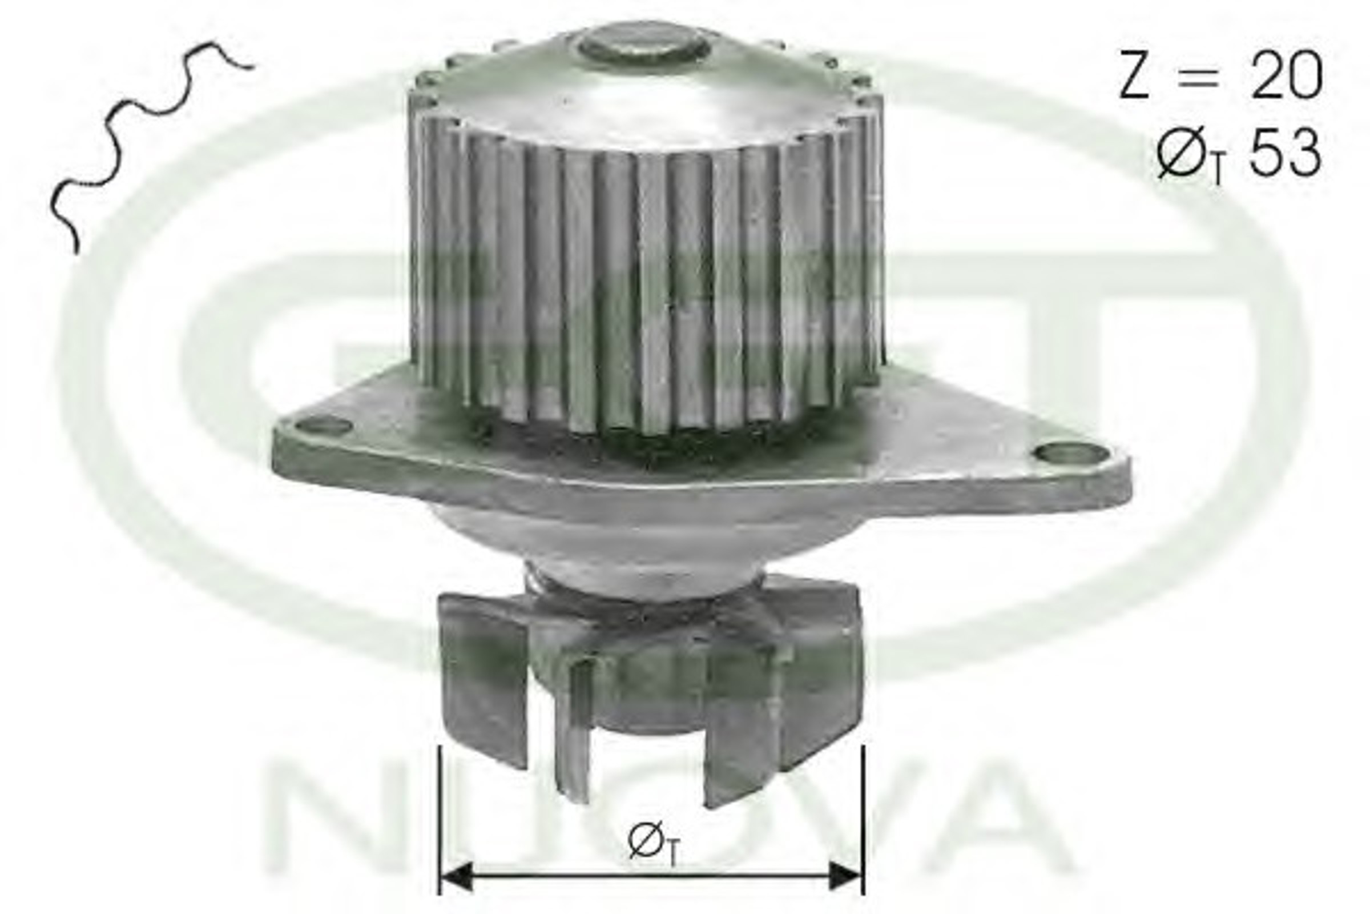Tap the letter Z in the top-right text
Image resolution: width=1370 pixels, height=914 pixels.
coord(1134,75)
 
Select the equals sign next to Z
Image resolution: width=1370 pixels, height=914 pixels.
coord(1198,77)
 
